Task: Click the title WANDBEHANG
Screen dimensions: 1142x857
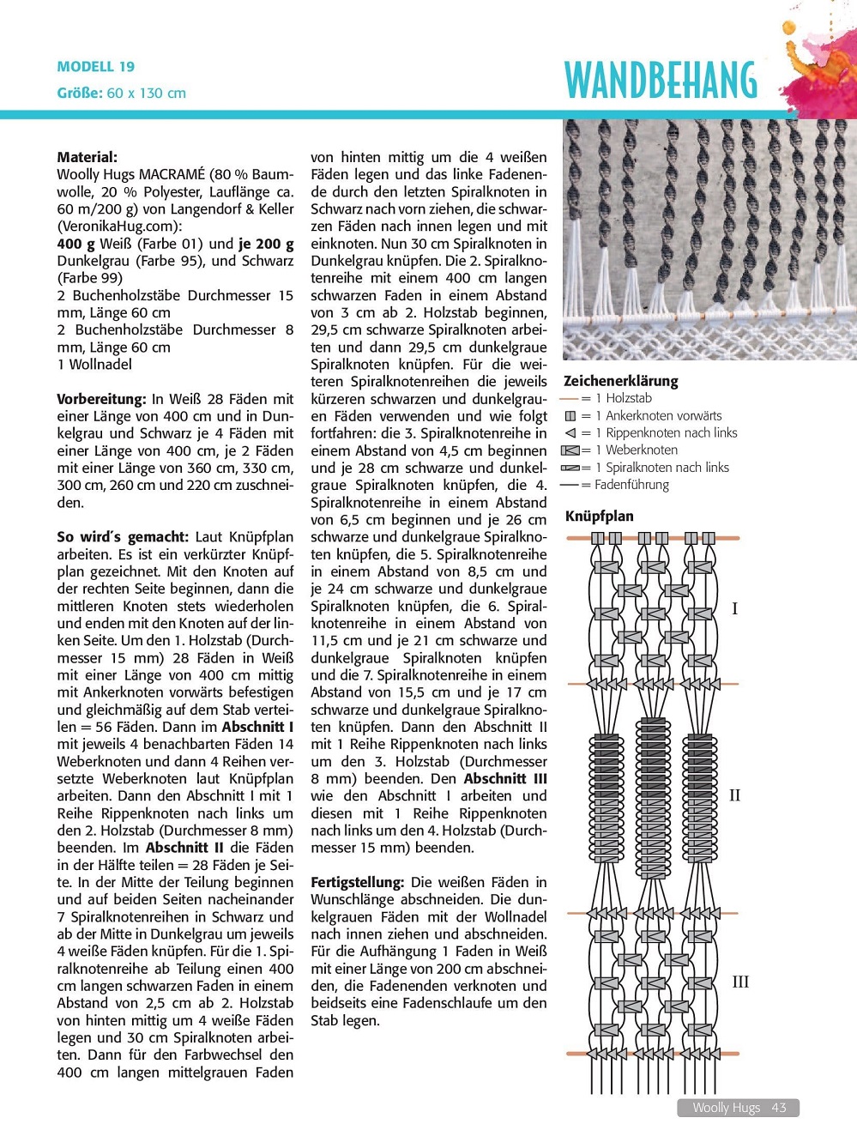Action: point(661,82)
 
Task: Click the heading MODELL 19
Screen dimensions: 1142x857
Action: point(96,67)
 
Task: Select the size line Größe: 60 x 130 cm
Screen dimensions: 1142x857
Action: point(121,93)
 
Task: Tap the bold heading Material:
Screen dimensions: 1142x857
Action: point(88,157)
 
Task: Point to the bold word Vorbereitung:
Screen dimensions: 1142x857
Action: point(101,399)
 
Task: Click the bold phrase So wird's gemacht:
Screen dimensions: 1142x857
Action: point(122,537)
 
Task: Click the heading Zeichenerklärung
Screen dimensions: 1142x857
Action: point(620,381)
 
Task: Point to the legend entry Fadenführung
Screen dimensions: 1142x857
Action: point(631,485)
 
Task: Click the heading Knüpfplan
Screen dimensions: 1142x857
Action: point(599,516)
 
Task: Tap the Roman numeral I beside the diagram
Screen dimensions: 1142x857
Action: point(734,609)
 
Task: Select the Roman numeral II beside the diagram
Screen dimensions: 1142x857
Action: point(734,795)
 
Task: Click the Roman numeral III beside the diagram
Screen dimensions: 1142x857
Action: point(739,982)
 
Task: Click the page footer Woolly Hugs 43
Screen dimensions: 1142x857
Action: point(739,1108)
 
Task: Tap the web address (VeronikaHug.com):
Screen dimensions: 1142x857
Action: point(119,227)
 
